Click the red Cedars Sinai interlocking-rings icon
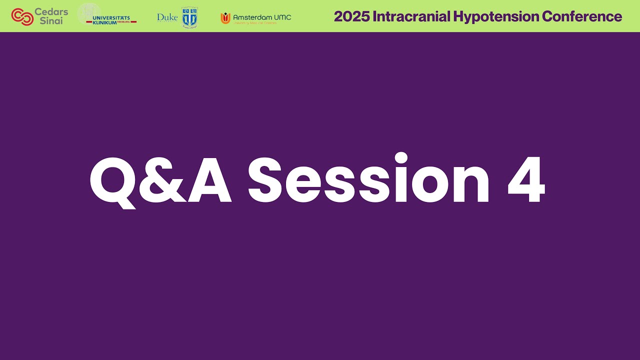22,16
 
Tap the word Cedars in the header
51,11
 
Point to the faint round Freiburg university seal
89,13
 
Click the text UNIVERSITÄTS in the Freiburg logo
111,18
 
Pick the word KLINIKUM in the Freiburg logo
105,23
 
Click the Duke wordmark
167,17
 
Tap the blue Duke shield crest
189,17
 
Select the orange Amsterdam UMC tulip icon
225,18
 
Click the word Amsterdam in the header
252,17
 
